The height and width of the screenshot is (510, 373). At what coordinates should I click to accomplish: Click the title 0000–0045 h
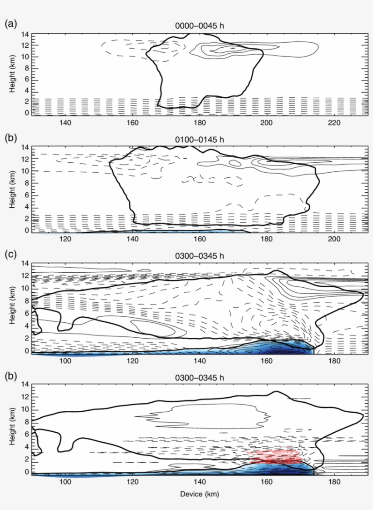coord(200,26)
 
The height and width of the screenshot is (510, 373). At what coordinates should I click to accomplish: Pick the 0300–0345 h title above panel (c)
coord(200,255)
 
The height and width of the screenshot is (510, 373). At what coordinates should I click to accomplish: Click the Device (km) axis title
coord(200,494)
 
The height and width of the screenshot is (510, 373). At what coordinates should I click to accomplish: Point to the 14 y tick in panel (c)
coord(25,264)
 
